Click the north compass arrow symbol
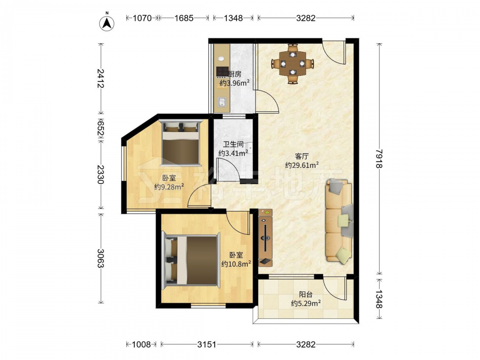coord(107,23)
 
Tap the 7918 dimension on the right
coord(379,158)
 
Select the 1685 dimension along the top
coord(184,18)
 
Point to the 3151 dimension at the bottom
coord(206,345)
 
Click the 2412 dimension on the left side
coord(100,78)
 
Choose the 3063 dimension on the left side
coord(100,258)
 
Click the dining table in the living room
coord(293,64)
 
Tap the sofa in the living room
coord(339,220)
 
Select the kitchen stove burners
coord(223,72)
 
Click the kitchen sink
coord(222,102)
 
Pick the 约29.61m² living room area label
coord(302,165)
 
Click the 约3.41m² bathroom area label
coord(233,153)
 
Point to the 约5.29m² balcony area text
coord(305,303)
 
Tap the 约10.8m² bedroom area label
coord(236,264)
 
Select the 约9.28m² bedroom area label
coord(169,186)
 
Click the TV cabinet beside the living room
coord(265,237)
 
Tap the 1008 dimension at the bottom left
coord(142,345)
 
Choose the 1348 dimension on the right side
coord(379,299)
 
